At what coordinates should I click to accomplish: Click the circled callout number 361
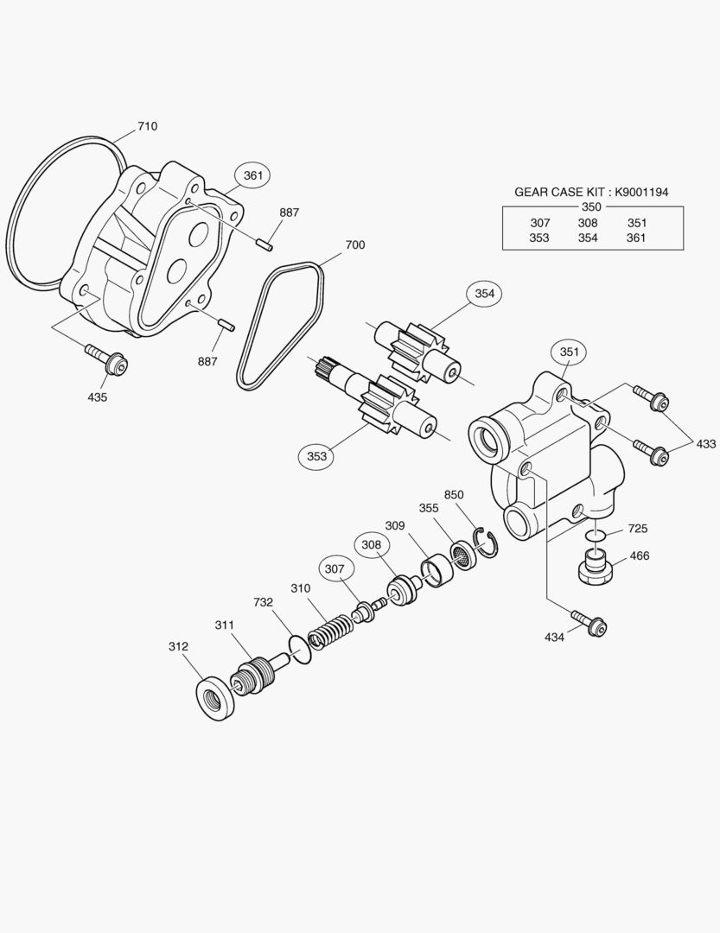click(x=253, y=175)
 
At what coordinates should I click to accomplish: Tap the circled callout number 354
click(x=484, y=294)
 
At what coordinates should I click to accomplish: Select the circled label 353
click(x=316, y=456)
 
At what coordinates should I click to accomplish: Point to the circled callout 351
click(x=569, y=352)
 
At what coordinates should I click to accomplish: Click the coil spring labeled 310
click(x=330, y=632)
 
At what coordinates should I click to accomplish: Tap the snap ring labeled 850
click(x=485, y=542)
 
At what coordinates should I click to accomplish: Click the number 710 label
click(x=148, y=126)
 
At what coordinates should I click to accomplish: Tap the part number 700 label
click(x=355, y=244)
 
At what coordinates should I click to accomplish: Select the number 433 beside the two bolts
click(x=705, y=443)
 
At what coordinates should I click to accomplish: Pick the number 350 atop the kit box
click(x=591, y=207)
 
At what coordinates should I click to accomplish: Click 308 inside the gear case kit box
click(x=588, y=223)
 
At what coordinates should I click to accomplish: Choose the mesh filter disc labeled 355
click(x=462, y=555)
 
